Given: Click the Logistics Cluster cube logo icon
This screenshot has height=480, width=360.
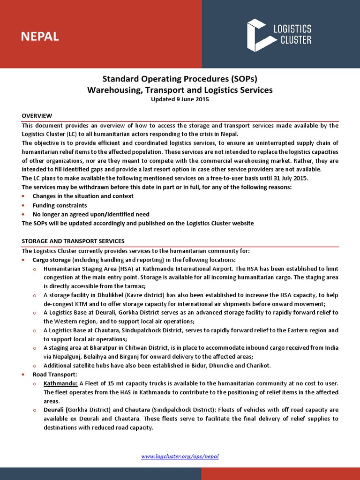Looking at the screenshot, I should [258, 35].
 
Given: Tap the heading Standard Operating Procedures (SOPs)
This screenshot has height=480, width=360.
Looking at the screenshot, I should [180, 78].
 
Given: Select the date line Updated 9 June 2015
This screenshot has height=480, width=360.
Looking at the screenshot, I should [180, 99].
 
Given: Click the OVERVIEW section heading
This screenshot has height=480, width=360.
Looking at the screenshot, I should [37, 116].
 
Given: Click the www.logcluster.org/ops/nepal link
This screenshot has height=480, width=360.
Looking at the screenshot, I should [180, 456].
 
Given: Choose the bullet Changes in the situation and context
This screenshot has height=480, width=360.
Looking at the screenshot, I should [83, 196].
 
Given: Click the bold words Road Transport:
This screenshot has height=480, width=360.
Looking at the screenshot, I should [54, 375].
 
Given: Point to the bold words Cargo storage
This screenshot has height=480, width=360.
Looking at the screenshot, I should [52, 259].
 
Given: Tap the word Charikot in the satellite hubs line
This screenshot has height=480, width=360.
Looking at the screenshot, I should [258, 366].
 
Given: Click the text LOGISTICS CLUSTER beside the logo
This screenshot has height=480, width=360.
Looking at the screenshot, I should [292, 35].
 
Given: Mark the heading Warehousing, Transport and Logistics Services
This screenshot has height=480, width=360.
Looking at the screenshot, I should [180, 89].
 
